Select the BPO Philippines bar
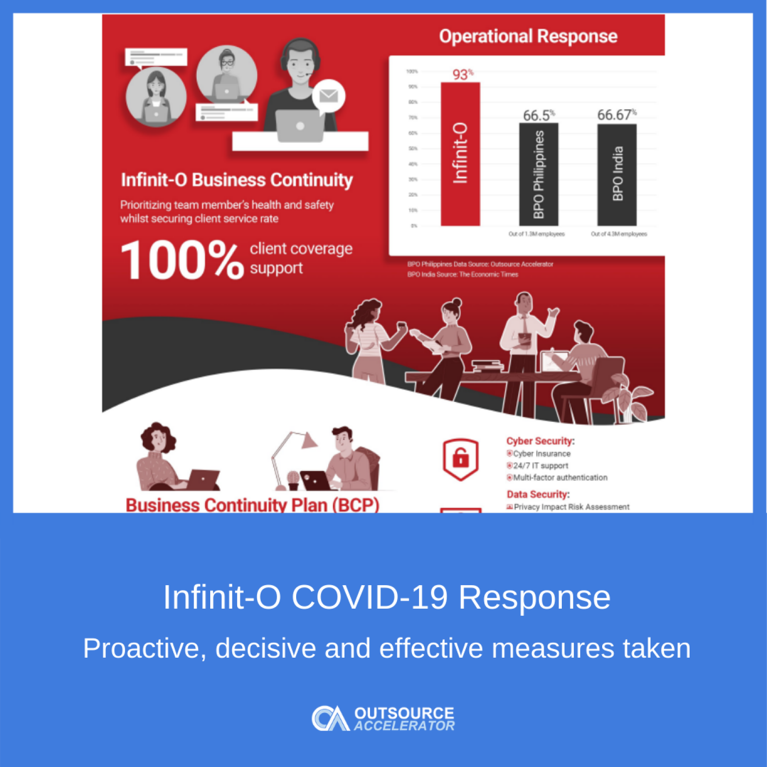(538, 174)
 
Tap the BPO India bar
(617, 174)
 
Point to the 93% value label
(462, 74)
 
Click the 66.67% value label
(616, 115)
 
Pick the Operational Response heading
(528, 36)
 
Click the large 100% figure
(182, 260)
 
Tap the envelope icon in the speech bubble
(329, 95)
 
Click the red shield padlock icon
(460, 458)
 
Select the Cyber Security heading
(540, 441)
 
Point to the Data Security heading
(538, 494)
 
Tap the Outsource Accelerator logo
(383, 719)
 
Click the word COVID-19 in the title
(370, 597)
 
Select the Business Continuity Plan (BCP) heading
(252, 505)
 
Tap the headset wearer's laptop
(300, 125)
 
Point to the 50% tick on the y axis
(413, 149)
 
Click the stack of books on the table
(487, 366)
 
